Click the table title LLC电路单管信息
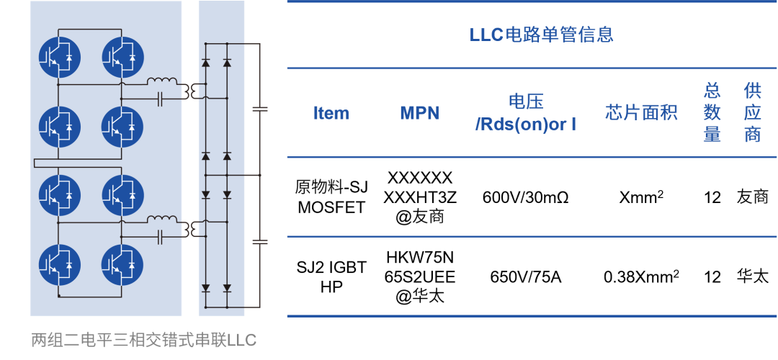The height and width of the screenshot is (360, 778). click(541, 35)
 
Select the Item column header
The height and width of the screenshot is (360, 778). click(331, 114)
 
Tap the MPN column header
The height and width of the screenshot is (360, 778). click(420, 114)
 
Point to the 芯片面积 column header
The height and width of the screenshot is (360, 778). click(641, 114)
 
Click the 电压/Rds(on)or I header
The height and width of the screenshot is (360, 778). click(526, 114)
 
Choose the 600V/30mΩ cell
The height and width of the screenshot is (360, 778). click(525, 197)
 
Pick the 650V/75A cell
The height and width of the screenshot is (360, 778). click(525, 276)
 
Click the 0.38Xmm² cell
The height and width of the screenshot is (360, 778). click(641, 276)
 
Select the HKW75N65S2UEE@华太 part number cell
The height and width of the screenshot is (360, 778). click(420, 276)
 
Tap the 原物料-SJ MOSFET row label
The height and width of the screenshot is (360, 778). click(331, 197)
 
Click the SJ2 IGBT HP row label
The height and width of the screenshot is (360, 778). click(331, 276)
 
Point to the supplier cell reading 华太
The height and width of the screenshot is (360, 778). click(753, 276)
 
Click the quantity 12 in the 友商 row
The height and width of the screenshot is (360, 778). click(712, 197)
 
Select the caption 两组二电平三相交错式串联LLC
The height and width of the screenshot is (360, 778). click(143, 341)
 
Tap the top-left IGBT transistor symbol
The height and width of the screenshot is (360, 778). click(58, 57)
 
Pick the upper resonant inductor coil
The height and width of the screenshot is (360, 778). click(162, 81)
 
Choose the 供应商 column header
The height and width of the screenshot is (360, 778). click(753, 114)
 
